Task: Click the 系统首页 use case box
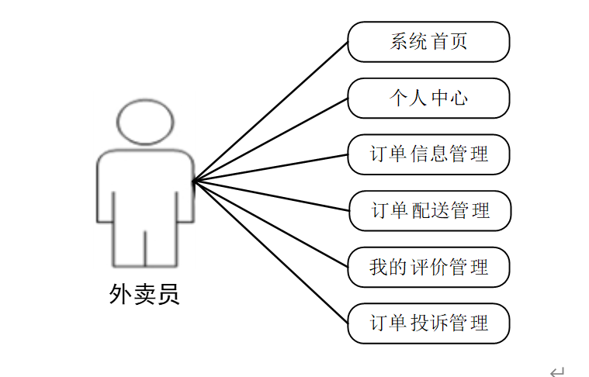click(x=428, y=42)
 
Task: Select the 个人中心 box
click(x=428, y=99)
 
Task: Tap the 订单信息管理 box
click(x=428, y=154)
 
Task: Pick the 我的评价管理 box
click(x=428, y=267)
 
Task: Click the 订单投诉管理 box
click(x=428, y=323)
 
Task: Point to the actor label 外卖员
click(x=144, y=295)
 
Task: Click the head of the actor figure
click(x=145, y=122)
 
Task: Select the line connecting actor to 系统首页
click(x=270, y=111)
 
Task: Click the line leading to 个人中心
click(x=270, y=140)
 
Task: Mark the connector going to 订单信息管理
click(x=270, y=168)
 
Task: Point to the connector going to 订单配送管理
click(x=270, y=195)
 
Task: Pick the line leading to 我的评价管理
click(x=270, y=223)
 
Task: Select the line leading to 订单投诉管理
click(x=270, y=251)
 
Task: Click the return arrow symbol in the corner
click(x=556, y=372)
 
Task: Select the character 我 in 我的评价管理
click(x=378, y=268)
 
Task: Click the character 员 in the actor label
click(x=168, y=295)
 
